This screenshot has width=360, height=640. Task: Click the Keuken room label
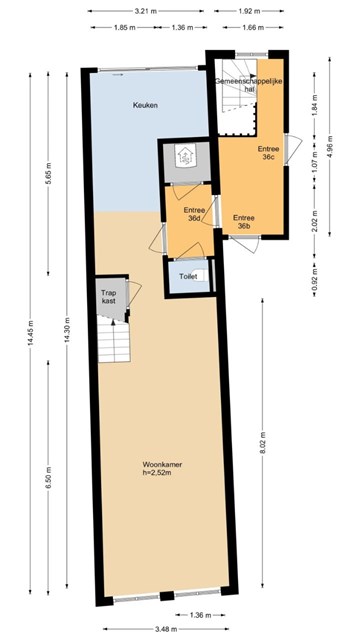point(145,105)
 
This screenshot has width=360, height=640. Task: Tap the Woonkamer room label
point(162,464)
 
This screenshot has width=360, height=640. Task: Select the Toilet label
point(188,277)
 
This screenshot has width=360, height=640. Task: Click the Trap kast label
point(109,297)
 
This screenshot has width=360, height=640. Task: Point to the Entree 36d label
point(194,214)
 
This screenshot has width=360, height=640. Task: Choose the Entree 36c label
point(268,153)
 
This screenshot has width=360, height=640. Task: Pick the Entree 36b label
point(244,222)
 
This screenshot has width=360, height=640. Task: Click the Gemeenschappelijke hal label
point(249,84)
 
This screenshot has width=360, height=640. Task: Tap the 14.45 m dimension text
point(30,334)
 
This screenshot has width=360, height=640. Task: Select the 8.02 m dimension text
point(262,443)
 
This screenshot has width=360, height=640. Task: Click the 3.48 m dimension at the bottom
point(165,629)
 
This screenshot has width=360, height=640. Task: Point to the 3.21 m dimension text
point(145,11)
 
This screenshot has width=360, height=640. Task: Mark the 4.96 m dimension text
point(330,146)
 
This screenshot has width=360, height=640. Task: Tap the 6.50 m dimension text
point(48,477)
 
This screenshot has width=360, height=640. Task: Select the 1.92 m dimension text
point(249,11)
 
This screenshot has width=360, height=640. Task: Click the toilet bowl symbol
point(200,275)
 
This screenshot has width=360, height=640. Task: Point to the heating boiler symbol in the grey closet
point(186,156)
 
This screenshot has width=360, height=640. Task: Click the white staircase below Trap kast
point(114,341)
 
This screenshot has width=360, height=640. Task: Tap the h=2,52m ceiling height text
point(156,473)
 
